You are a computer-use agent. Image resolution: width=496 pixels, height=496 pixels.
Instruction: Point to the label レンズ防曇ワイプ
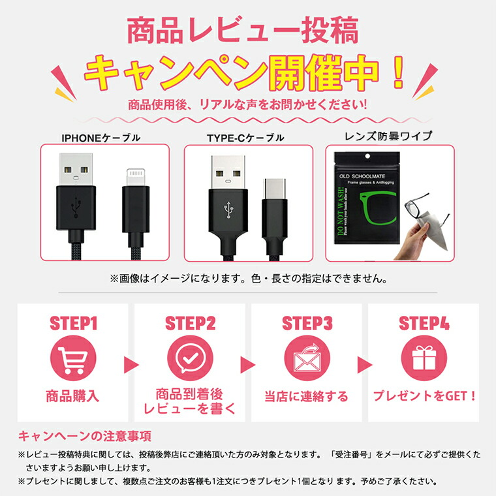pyautogui.click(x=389, y=136)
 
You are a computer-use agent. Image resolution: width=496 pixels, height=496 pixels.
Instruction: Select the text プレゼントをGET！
pyautogui.click(x=424, y=395)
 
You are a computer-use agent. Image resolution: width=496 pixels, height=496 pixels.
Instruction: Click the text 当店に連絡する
pyautogui.click(x=307, y=396)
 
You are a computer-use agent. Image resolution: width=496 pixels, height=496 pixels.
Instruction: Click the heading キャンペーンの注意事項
pyautogui.click(x=85, y=436)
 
